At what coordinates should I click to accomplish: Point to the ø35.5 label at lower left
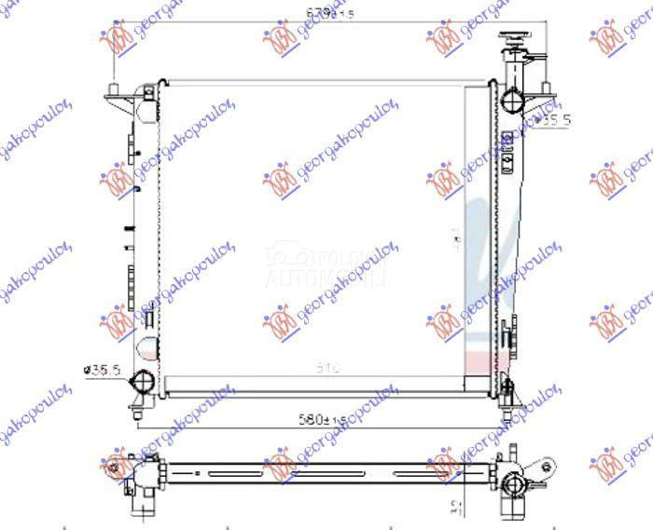pos(104,370)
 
